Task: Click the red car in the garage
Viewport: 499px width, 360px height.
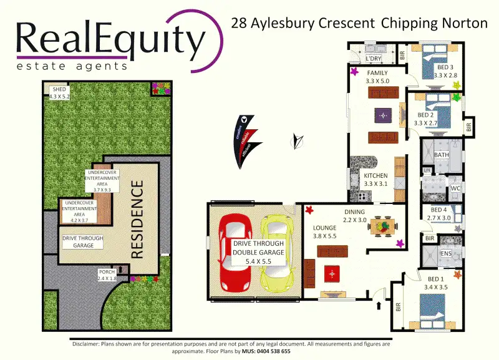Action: tap(231, 253)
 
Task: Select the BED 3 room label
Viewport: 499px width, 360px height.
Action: tap(445, 67)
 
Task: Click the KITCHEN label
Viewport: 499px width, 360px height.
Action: tap(375, 176)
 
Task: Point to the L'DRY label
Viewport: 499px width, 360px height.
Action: tap(373, 59)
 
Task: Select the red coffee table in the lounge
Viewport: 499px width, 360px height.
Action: tap(332, 273)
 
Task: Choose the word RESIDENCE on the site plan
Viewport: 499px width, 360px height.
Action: tap(138, 219)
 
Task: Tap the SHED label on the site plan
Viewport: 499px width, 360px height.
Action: tap(60, 89)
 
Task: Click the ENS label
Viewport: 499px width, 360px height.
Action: tap(446, 254)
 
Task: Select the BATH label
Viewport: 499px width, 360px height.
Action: tap(442, 155)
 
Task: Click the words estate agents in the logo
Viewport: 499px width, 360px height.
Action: tap(72, 66)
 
